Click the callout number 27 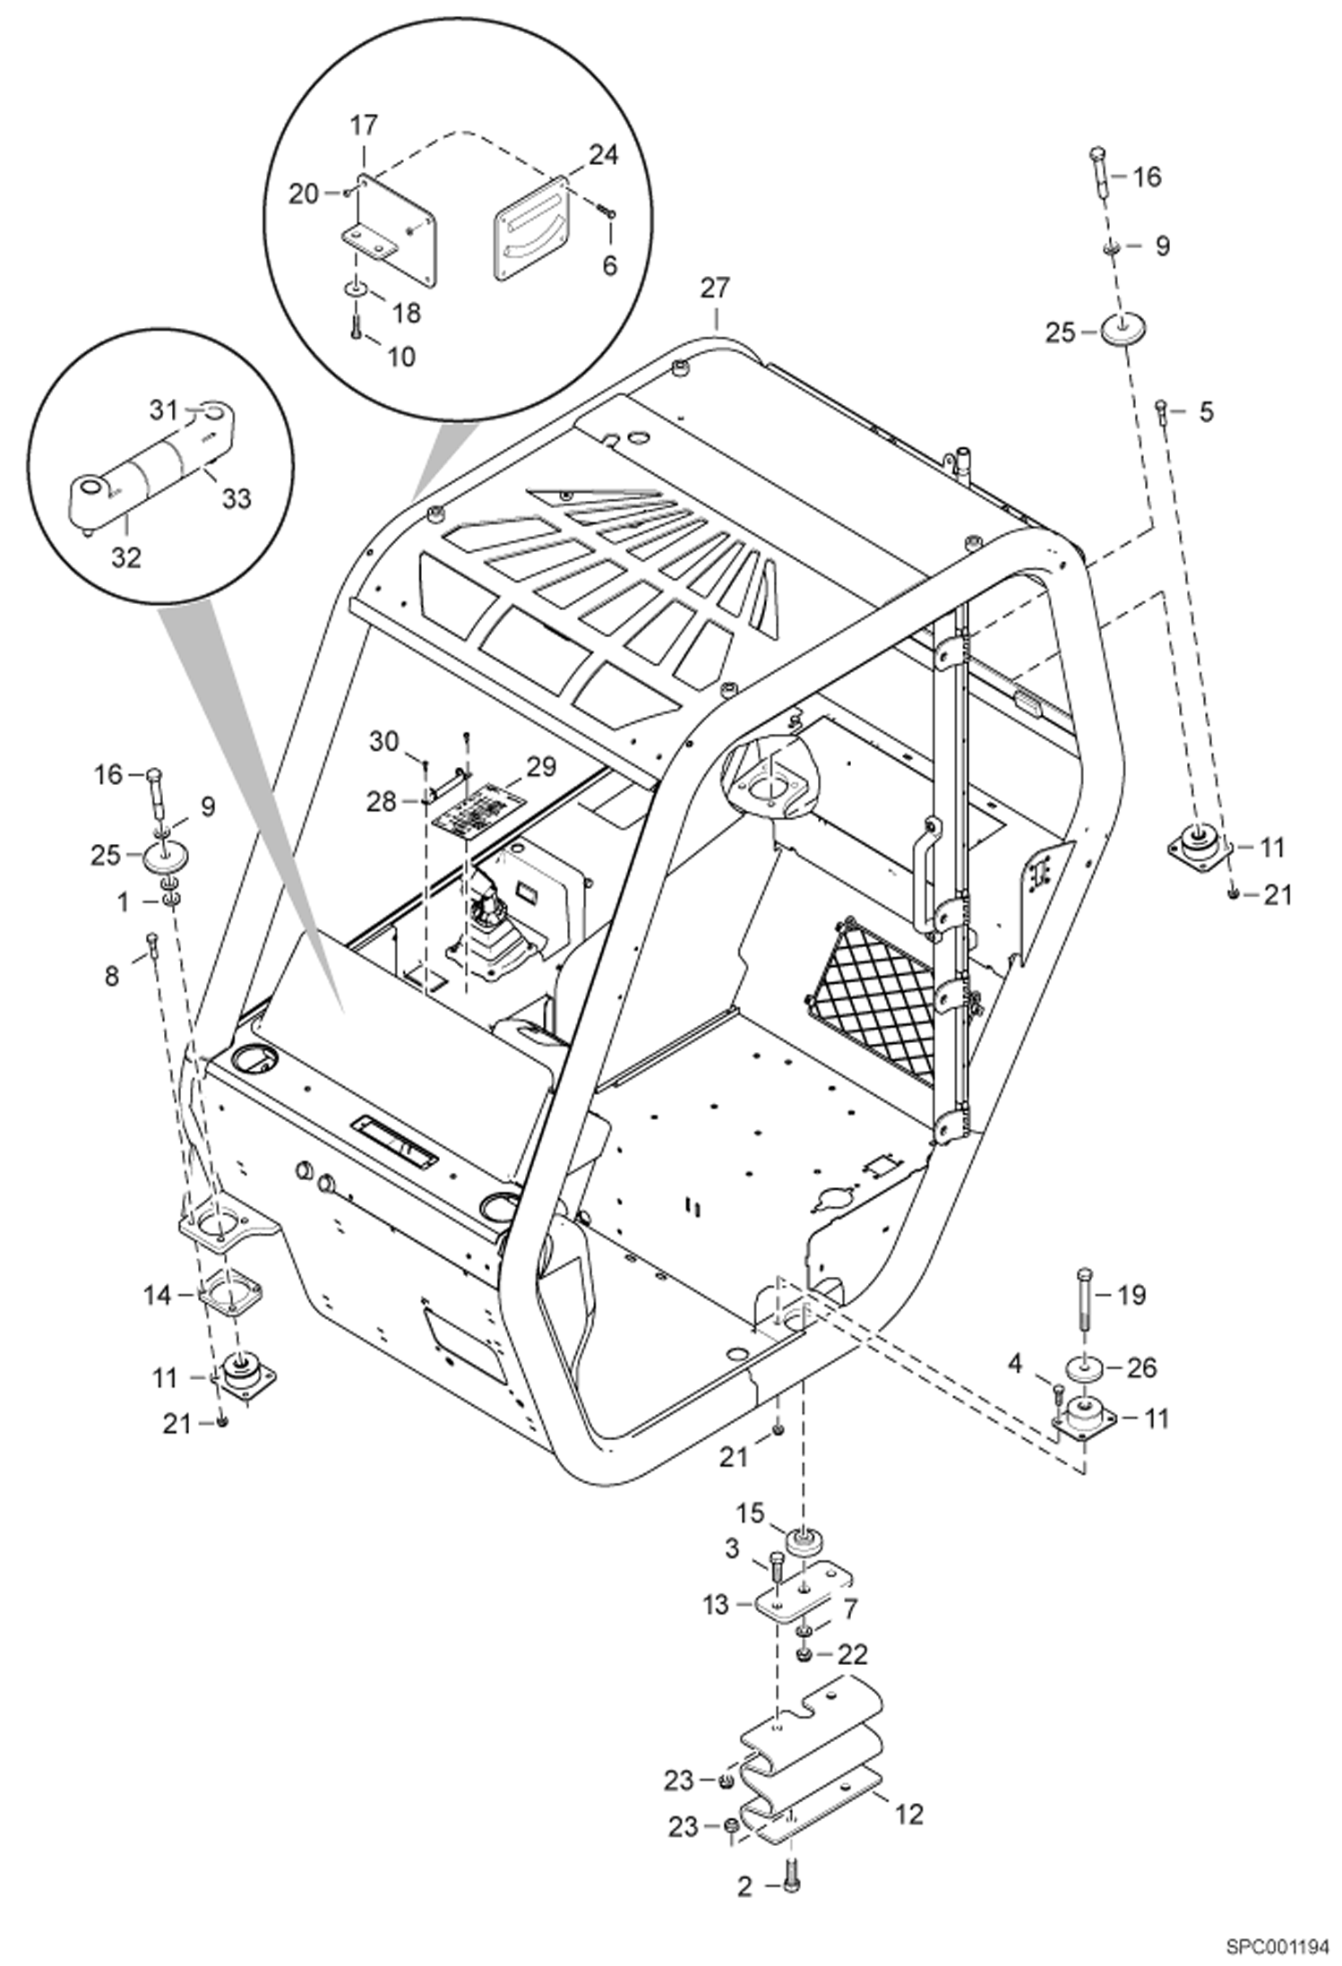(715, 289)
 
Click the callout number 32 (126, 557)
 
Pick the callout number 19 (1131, 1294)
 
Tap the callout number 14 (158, 1295)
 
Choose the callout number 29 (540, 767)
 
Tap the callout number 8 (112, 976)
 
